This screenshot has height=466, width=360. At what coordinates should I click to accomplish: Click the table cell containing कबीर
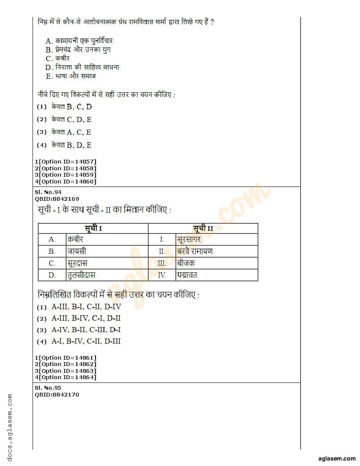click(107, 239)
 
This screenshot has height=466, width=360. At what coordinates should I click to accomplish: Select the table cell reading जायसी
click(107, 251)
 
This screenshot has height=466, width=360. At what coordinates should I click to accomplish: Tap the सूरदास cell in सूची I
click(107, 263)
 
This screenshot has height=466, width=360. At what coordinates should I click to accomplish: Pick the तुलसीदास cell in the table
click(107, 275)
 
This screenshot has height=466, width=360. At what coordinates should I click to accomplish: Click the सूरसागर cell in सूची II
click(216, 239)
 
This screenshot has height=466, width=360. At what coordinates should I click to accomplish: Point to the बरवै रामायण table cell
click(216, 251)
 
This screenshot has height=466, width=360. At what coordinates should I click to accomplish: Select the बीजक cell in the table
click(216, 263)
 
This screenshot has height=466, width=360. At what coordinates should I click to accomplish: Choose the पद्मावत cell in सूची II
click(216, 275)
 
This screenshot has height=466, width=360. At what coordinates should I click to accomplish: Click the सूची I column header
click(93, 228)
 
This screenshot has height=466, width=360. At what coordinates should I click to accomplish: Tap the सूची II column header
click(203, 228)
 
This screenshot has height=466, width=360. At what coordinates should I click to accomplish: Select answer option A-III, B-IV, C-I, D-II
click(86, 318)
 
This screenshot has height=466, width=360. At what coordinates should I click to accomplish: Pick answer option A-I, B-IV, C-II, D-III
click(86, 341)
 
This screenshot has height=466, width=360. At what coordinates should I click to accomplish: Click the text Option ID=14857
click(67, 161)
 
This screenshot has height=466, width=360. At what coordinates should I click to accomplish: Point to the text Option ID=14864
click(67, 377)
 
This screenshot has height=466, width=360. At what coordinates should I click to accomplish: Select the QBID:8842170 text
click(57, 394)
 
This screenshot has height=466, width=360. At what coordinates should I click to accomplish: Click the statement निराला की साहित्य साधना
click(87, 67)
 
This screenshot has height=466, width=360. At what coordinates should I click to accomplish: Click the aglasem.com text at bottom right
click(337, 458)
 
